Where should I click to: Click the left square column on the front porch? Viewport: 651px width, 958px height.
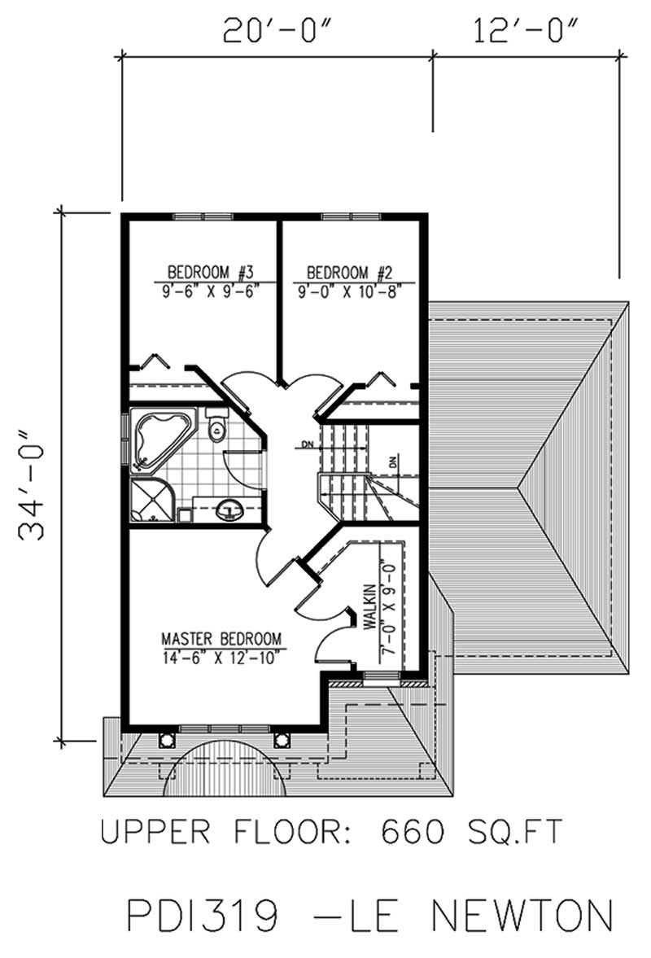pyautogui.click(x=167, y=739)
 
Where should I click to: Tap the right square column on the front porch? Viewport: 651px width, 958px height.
pyautogui.click(x=282, y=739)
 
